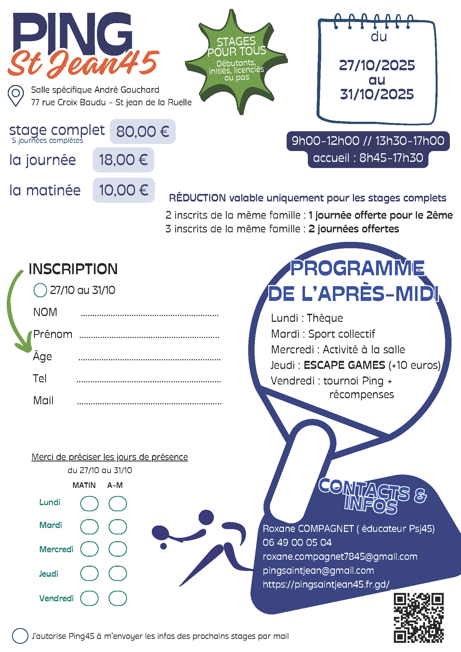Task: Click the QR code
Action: tap(418, 618)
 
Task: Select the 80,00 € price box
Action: tap(143, 132)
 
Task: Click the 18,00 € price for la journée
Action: tap(123, 160)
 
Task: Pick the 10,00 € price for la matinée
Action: tap(123, 190)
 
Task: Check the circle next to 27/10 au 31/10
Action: tap(40, 290)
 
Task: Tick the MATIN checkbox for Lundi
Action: tap(89, 503)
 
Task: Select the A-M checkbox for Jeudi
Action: tap(118, 573)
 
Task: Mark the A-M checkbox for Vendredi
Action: tap(118, 598)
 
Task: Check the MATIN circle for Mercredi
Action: tap(89, 549)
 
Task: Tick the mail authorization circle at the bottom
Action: tap(20, 636)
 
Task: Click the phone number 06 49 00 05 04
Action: tap(297, 542)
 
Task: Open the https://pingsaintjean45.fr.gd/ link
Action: tap(326, 584)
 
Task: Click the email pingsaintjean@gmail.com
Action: tap(318, 570)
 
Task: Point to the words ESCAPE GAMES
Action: tap(344, 365)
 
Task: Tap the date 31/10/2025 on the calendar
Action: tap(377, 94)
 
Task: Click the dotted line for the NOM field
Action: tap(150, 315)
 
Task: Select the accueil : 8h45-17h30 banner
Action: tap(368, 158)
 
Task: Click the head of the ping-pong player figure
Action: tap(206, 517)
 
